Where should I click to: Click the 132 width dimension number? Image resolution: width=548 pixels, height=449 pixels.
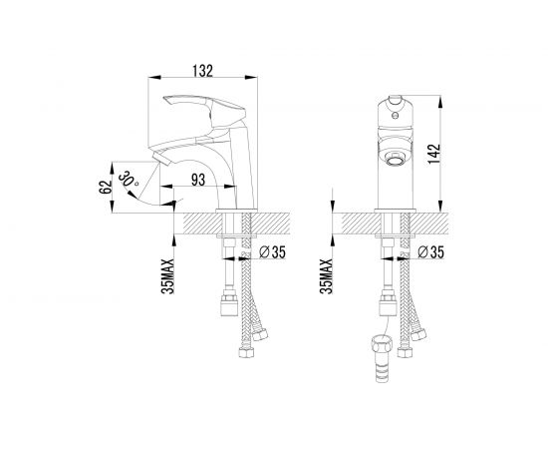pos(202,71)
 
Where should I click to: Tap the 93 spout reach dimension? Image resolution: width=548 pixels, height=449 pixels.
pos(198,180)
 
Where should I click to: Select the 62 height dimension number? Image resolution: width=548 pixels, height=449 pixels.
pos(106,187)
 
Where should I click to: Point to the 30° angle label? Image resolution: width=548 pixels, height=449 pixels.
pos(129,180)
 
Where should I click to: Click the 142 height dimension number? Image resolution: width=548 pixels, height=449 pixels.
pos(433,154)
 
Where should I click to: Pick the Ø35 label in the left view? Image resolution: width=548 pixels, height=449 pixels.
pos(273,251)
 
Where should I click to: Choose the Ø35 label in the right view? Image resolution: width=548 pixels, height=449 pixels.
pos(430,251)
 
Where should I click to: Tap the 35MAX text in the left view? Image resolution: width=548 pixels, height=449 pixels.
pos(167,276)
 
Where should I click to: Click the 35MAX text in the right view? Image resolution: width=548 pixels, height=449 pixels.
pos(326,276)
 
